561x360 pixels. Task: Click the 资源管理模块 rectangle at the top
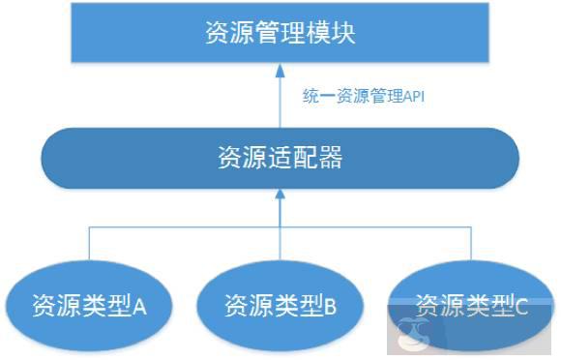(x=280, y=33)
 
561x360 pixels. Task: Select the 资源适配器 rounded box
(x=280, y=159)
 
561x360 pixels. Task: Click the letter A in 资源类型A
(x=138, y=308)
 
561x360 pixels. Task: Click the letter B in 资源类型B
(x=330, y=308)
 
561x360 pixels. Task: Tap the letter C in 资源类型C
(x=521, y=307)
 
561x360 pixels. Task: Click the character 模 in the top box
(x=316, y=33)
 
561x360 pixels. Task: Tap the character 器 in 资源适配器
(x=329, y=159)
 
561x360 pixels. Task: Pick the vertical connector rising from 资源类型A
(x=89, y=245)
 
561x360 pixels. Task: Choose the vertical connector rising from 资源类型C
(x=472, y=245)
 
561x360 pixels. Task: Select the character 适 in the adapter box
(x=280, y=159)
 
